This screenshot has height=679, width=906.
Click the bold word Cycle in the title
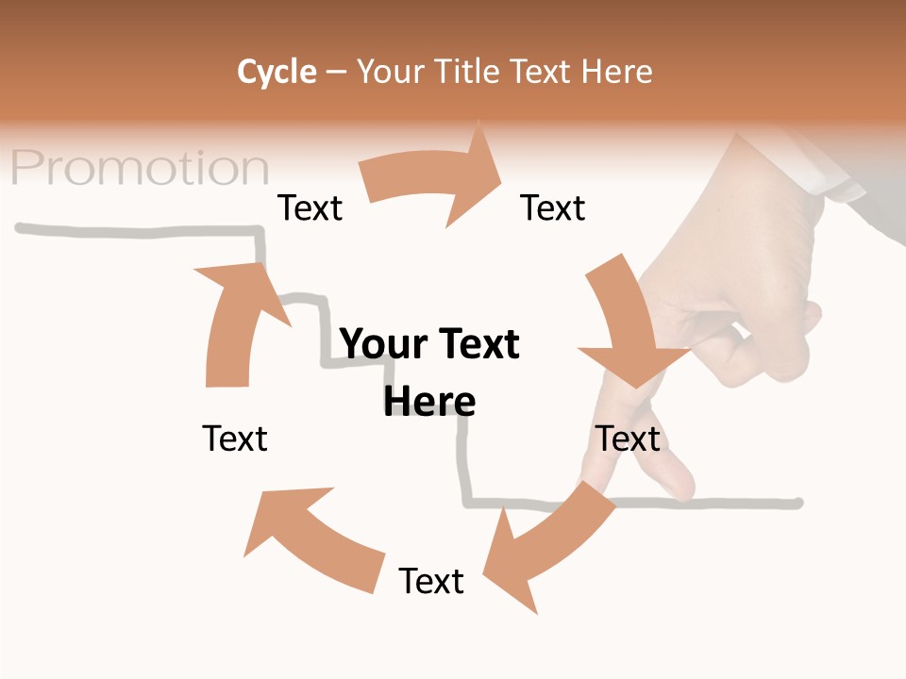[277, 72]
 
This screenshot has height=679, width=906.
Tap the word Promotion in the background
[141, 169]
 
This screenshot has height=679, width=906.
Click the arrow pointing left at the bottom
[311, 537]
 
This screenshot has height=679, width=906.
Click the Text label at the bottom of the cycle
[431, 581]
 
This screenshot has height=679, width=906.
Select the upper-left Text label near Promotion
[310, 207]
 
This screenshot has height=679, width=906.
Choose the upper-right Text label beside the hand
[553, 207]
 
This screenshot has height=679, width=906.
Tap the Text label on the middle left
[235, 439]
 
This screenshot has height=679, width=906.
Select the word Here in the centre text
[429, 402]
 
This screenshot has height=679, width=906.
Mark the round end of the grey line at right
[797, 503]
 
